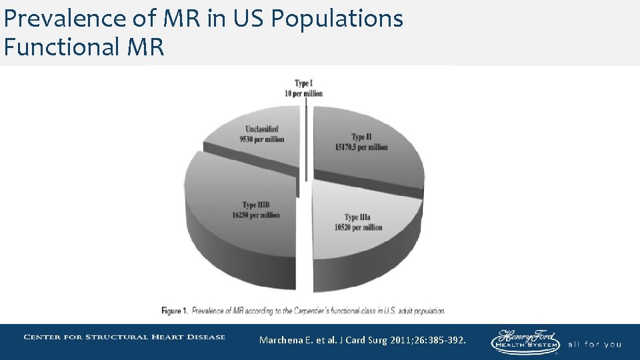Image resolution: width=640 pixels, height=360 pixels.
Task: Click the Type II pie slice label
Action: pos(361,137)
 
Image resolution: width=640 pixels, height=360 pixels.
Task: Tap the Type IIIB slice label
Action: pos(256,205)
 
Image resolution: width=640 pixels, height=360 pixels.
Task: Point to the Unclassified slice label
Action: pos(261,129)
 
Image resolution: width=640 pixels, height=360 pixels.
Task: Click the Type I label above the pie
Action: pos(304,83)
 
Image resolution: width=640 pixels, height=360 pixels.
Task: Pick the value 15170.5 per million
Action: pos(361,147)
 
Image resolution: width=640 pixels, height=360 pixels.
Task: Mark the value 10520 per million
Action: pos(359,227)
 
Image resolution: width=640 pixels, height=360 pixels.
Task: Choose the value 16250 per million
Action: pos(256,215)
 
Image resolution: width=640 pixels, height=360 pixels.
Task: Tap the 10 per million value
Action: pos(304,93)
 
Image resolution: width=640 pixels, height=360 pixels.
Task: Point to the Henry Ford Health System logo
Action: pos(526,341)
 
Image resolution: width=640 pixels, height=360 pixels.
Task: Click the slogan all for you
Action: pos(595,345)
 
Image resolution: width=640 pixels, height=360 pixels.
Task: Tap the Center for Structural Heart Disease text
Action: pos(125,337)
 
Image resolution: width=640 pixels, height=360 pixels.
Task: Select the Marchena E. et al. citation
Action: pos(293,341)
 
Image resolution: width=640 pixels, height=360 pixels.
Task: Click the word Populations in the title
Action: pos(337,19)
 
